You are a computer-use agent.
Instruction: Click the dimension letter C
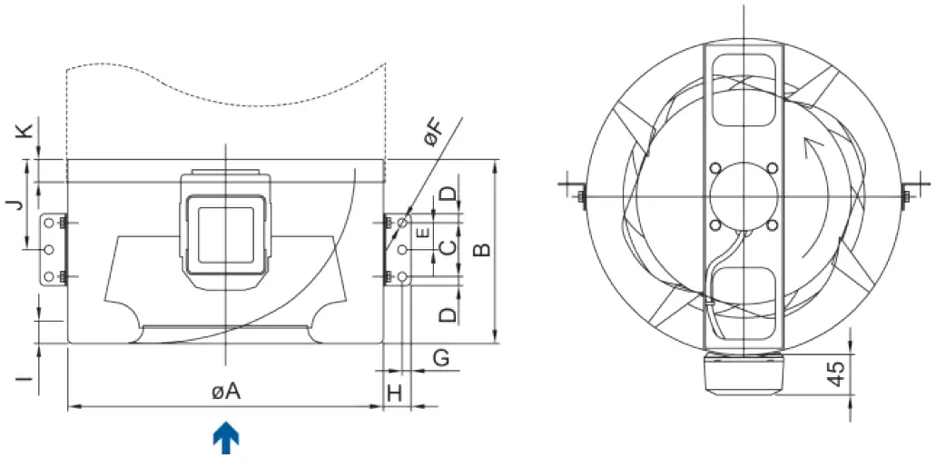point(447,248)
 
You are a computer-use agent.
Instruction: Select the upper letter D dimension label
point(447,194)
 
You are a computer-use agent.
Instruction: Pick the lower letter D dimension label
point(447,315)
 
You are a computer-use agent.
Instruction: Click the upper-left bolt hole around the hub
point(715,168)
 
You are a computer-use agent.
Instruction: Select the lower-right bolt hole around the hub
point(772,224)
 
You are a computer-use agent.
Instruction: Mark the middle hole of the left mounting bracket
point(49,249)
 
